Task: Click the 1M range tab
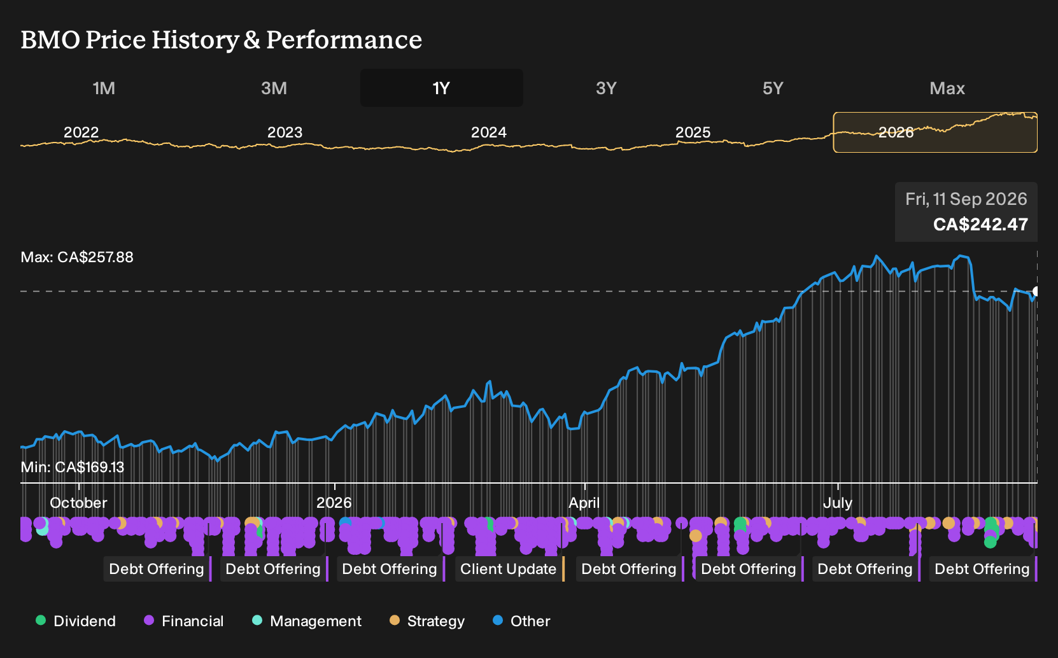point(104,88)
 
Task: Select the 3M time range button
point(274,88)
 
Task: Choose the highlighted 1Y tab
point(442,88)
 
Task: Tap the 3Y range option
point(607,88)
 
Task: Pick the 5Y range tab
point(773,88)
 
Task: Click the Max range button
point(947,88)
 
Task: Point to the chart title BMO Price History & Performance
point(221,40)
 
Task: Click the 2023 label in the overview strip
point(285,132)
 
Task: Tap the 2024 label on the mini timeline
point(489,132)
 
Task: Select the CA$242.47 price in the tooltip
point(980,224)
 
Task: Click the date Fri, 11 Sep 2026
point(966,199)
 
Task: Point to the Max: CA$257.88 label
point(77,257)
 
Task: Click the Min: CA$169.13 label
point(73,467)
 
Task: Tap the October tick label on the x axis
point(78,503)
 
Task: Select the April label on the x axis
point(584,503)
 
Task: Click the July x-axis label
point(838,503)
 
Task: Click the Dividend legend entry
point(76,620)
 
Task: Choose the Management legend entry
point(307,620)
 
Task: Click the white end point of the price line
point(1036,291)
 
